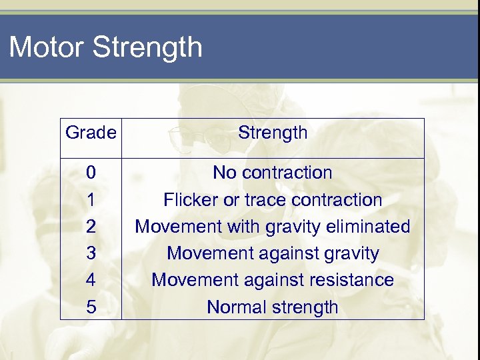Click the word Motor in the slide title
47,48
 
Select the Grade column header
91,133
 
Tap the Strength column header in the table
273,133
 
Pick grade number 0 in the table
91,173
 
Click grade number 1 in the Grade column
91,200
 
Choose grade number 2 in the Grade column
91,227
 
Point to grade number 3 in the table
91,253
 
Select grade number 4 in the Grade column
91,280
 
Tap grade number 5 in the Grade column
91,307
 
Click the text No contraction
272,173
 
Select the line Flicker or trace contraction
273,200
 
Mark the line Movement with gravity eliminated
273,227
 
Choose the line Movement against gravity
273,254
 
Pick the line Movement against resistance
273,280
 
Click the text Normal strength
273,307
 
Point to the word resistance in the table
355,280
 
